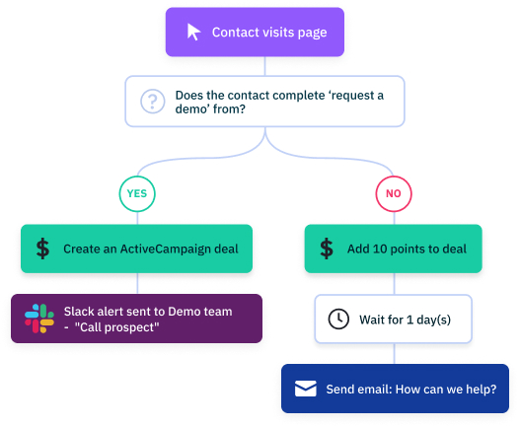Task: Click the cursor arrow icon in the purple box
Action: (x=193, y=33)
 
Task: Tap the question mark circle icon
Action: (x=153, y=102)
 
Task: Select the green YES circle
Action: (x=137, y=193)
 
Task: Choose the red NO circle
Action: (x=394, y=193)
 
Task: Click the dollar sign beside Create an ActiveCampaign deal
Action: (x=42, y=249)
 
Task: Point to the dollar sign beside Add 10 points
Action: (x=327, y=249)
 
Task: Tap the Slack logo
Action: (x=39, y=319)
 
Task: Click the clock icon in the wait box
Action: (x=338, y=319)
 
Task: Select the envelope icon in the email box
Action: (x=306, y=389)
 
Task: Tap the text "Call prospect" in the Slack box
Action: (x=116, y=327)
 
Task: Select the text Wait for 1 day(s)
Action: (x=405, y=320)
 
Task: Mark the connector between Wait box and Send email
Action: (x=395, y=353)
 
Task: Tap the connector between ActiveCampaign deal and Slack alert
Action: (x=137, y=283)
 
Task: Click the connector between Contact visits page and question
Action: (x=264, y=66)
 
